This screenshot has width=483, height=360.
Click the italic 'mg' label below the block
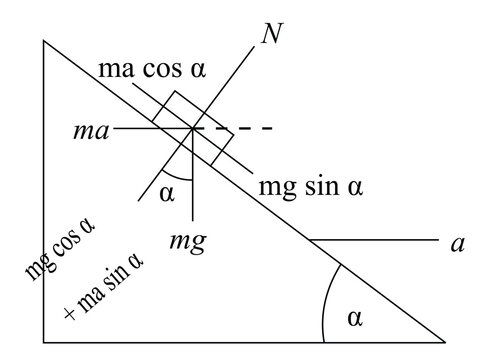(187, 242)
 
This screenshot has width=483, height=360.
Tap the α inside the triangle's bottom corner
(357, 317)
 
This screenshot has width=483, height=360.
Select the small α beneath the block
(166, 193)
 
